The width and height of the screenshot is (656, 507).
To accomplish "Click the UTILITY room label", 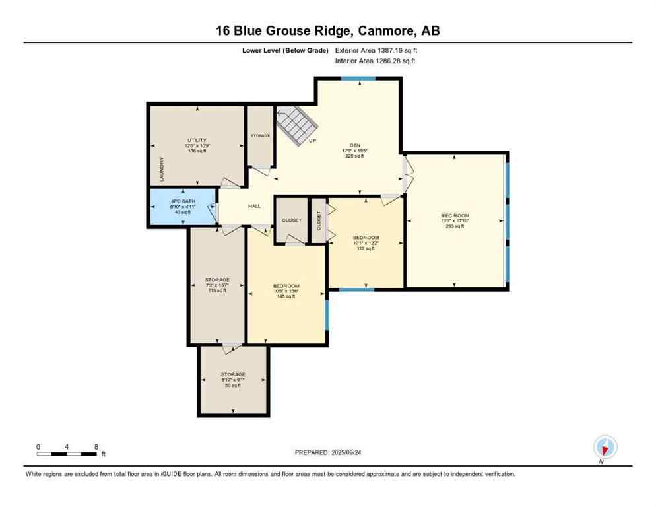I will (x=197, y=140).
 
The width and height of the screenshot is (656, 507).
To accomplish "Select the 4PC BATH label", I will (x=181, y=201).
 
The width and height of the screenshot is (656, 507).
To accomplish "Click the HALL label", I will (x=254, y=206).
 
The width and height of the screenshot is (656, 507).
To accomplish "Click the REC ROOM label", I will (x=455, y=215).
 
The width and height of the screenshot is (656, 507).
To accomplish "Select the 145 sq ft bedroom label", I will (x=286, y=285).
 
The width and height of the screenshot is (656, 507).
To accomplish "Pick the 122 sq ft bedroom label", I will (x=366, y=237).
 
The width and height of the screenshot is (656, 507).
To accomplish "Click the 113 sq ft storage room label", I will (x=217, y=279).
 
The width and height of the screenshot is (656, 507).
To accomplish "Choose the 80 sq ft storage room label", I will (x=233, y=374).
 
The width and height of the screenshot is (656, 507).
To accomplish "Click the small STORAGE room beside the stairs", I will (x=260, y=136).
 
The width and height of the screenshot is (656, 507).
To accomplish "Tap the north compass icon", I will (x=605, y=447).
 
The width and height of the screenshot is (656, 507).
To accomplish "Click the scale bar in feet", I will (x=68, y=453).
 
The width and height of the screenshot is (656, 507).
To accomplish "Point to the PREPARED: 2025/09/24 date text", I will (x=327, y=452).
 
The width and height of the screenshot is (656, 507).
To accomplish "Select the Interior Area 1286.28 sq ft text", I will (x=375, y=61).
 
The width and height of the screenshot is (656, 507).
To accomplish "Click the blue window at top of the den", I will (x=358, y=79).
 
